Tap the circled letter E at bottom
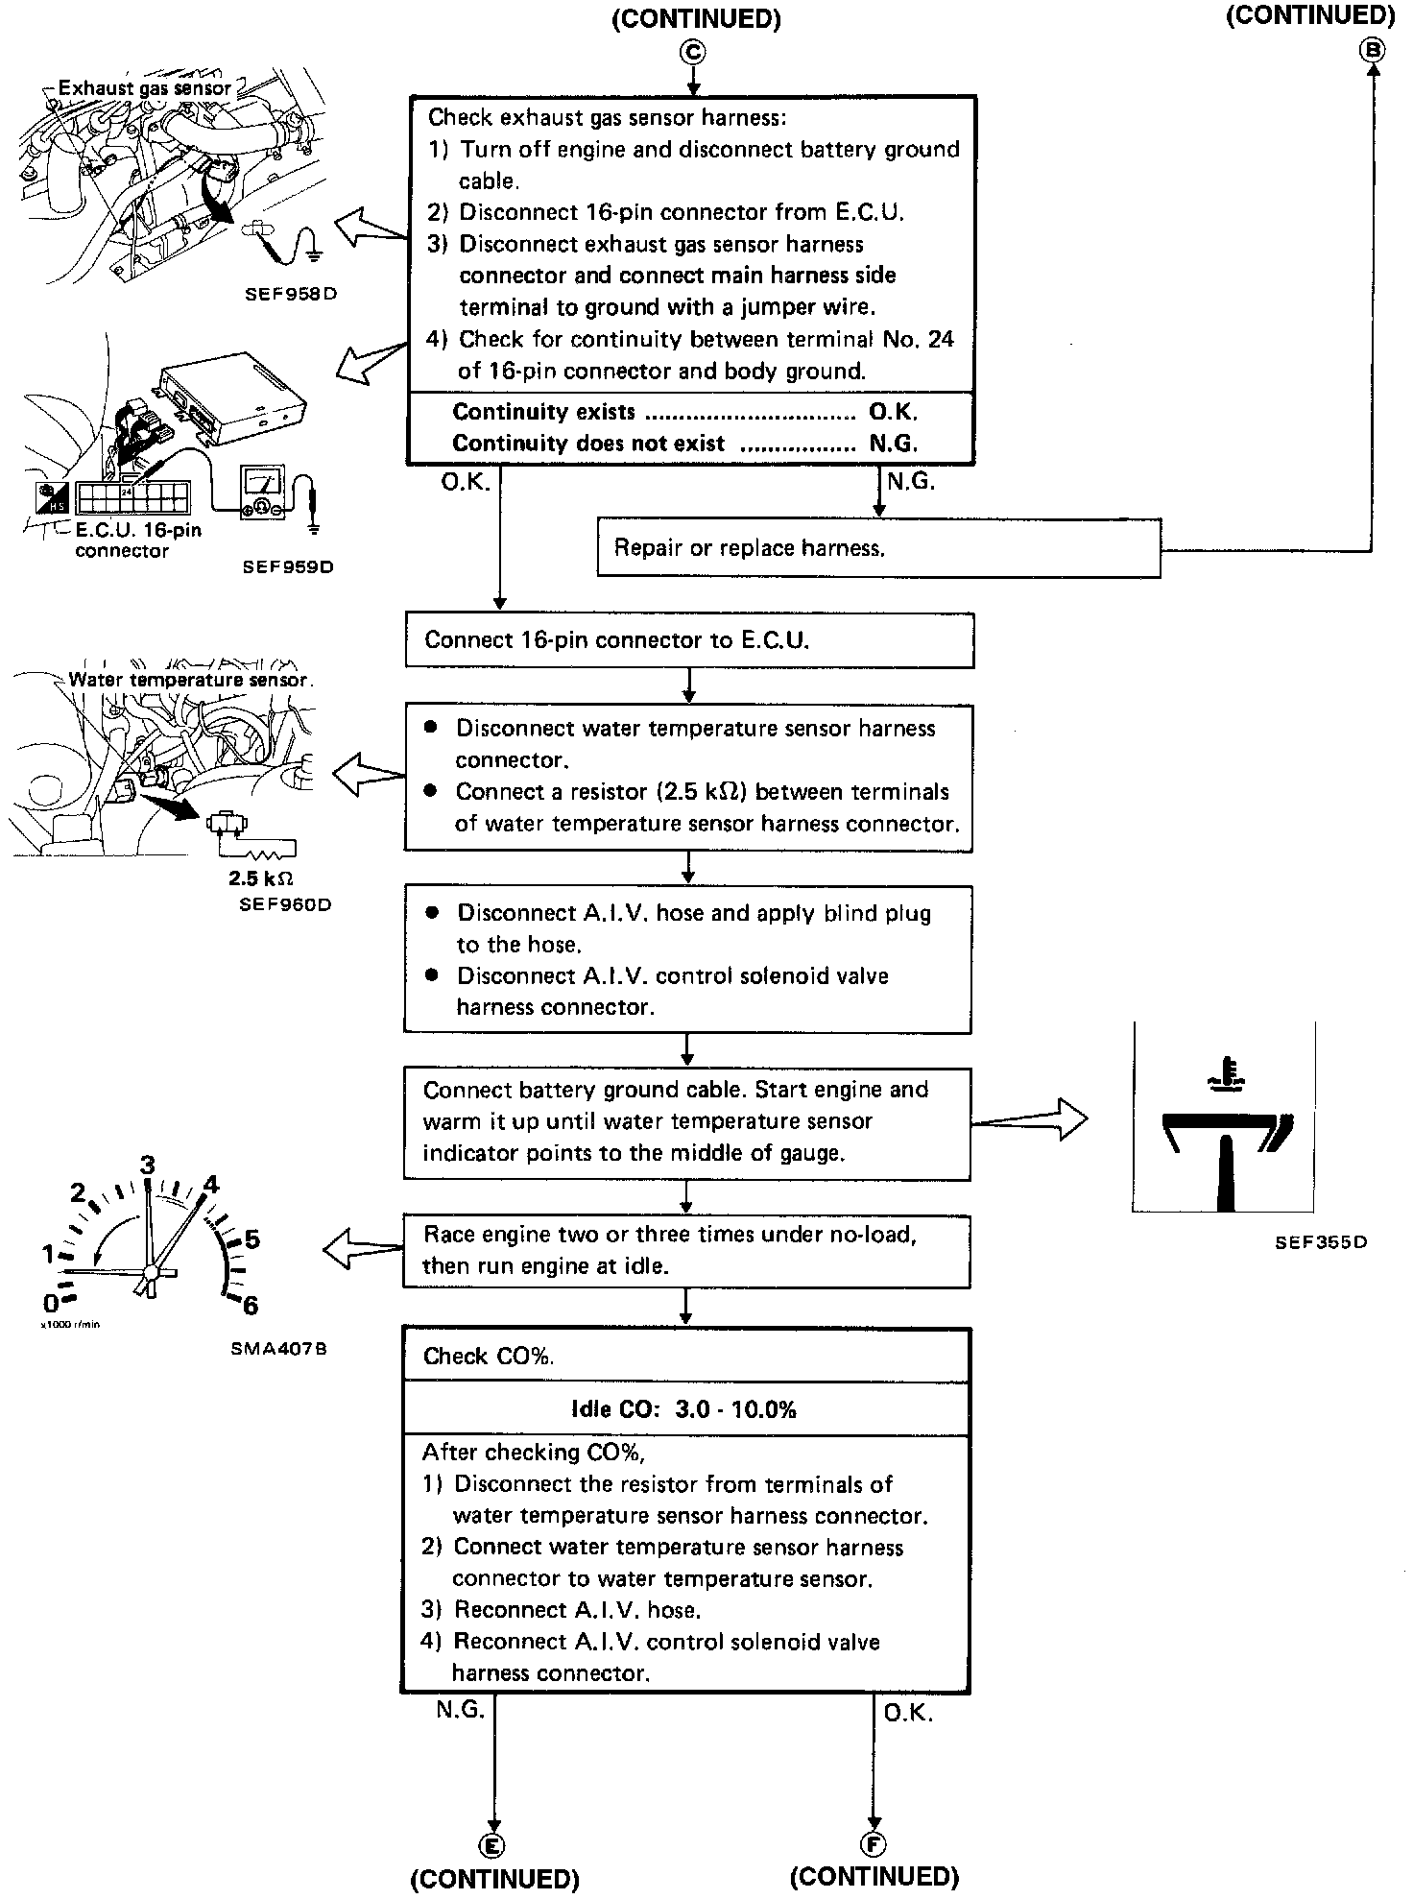(492, 1844)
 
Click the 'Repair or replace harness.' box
(878, 548)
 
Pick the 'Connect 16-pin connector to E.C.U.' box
(689, 640)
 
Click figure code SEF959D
(288, 566)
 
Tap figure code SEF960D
(285, 904)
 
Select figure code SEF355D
(1321, 1242)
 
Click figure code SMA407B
(279, 1348)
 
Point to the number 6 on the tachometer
(251, 1305)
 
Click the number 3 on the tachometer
(148, 1166)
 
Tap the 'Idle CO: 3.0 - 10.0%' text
(683, 1409)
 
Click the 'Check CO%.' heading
(489, 1356)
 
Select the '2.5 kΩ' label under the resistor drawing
(260, 877)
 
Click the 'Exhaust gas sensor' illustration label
(144, 88)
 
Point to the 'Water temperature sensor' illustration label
(188, 679)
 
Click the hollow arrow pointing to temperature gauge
(1029, 1119)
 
